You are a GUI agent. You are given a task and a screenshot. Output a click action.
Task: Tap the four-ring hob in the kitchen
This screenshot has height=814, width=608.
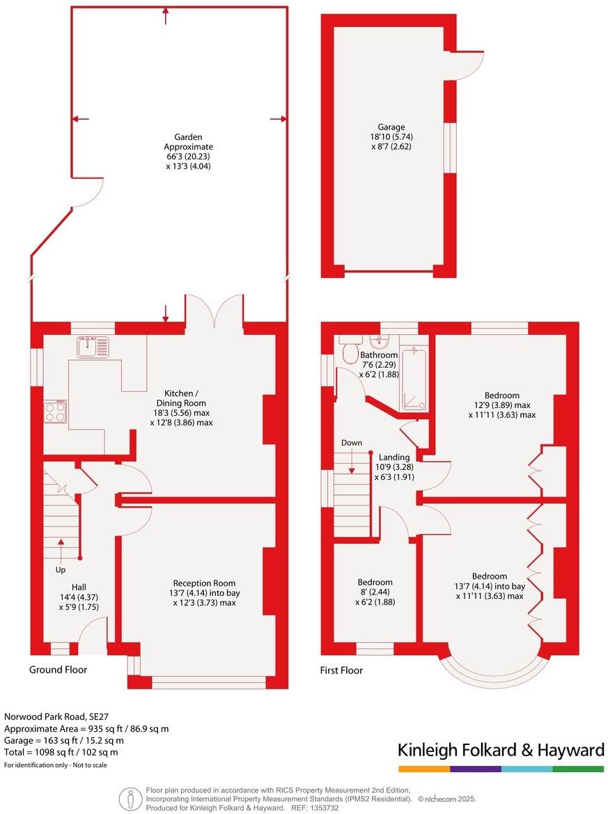click(x=55, y=412)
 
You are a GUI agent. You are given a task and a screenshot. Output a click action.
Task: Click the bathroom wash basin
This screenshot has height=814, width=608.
click(x=380, y=341)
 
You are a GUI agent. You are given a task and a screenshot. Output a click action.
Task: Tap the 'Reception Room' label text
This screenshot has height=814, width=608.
click(x=204, y=583)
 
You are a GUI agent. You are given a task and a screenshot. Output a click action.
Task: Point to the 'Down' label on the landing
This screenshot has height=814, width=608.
click(x=352, y=443)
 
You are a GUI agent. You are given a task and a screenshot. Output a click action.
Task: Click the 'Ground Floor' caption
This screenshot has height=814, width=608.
click(x=58, y=670)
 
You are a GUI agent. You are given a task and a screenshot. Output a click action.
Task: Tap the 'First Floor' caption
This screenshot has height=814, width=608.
click(x=341, y=671)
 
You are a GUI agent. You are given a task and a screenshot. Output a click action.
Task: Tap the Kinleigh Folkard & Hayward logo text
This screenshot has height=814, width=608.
click(x=500, y=750)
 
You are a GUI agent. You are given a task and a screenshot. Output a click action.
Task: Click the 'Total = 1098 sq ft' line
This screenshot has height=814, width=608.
click(x=61, y=752)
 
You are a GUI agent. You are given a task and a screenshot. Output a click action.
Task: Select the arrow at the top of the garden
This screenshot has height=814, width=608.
click(x=165, y=15)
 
